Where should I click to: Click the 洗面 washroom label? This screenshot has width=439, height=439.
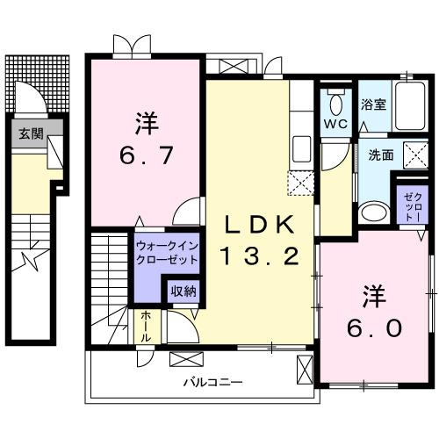[x=380, y=155]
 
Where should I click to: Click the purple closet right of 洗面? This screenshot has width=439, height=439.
[x=412, y=205]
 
